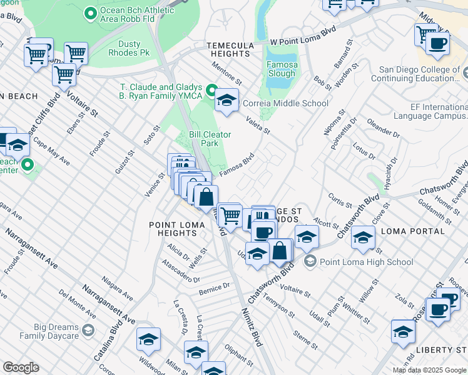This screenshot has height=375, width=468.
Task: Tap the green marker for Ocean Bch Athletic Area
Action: tap(91, 12)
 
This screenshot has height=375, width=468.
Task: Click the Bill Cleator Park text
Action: tap(210, 139)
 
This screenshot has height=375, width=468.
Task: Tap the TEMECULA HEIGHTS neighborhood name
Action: tap(230, 50)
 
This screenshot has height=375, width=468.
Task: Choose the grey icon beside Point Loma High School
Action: tap(309, 262)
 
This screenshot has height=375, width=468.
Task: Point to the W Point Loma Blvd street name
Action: tap(303, 37)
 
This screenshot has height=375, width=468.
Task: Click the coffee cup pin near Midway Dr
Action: tap(437, 43)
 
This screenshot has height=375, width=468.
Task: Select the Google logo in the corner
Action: tap(20, 367)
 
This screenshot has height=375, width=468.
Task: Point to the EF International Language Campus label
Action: tap(430, 112)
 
